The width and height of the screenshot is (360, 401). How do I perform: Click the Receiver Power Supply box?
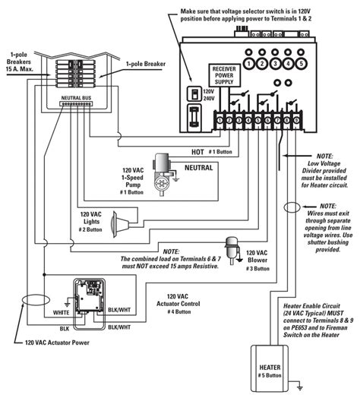pyautogui.click(x=225, y=78)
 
